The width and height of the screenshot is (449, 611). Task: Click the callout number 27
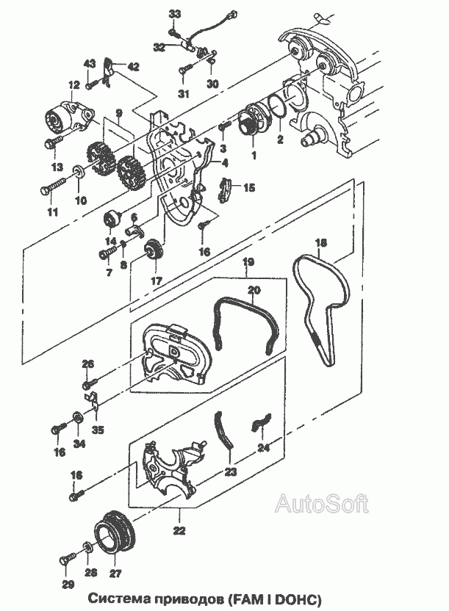pyautogui.click(x=115, y=574)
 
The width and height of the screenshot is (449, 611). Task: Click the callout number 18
pyautogui.click(x=321, y=244)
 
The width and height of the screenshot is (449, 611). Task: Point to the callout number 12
pyautogui.click(x=73, y=84)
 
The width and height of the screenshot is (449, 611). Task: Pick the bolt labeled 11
pyautogui.click(x=54, y=186)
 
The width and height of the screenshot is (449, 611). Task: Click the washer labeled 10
pyautogui.click(x=79, y=171)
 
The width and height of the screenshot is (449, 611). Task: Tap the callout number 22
pyautogui.click(x=180, y=530)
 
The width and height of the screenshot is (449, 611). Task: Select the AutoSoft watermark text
pyautogui.click(x=322, y=505)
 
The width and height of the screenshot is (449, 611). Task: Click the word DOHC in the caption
pyautogui.click(x=299, y=598)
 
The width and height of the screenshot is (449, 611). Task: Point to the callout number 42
pyautogui.click(x=133, y=67)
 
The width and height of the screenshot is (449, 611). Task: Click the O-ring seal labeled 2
pyautogui.click(x=279, y=106)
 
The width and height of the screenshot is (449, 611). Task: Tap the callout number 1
pyautogui.click(x=254, y=156)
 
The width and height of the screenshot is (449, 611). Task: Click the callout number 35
pyautogui.click(x=98, y=430)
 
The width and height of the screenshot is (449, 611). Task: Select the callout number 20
pyautogui.click(x=254, y=290)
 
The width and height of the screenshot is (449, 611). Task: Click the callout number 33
pyautogui.click(x=175, y=15)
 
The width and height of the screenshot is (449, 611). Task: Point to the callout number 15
pyautogui.click(x=249, y=188)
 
